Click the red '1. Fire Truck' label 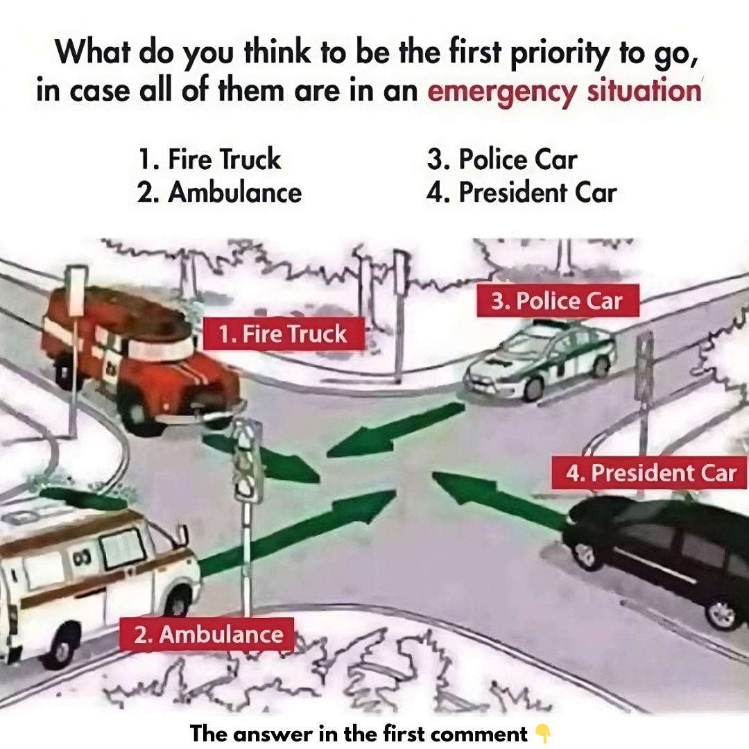tap(284, 334)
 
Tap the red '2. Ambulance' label tap(207, 635)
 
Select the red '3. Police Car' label tap(558, 300)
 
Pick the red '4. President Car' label tap(649, 472)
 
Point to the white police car tap(540, 361)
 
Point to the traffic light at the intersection tap(248, 461)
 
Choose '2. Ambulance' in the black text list tap(219, 193)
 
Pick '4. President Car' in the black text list tap(521, 193)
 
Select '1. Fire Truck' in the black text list tap(209, 159)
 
